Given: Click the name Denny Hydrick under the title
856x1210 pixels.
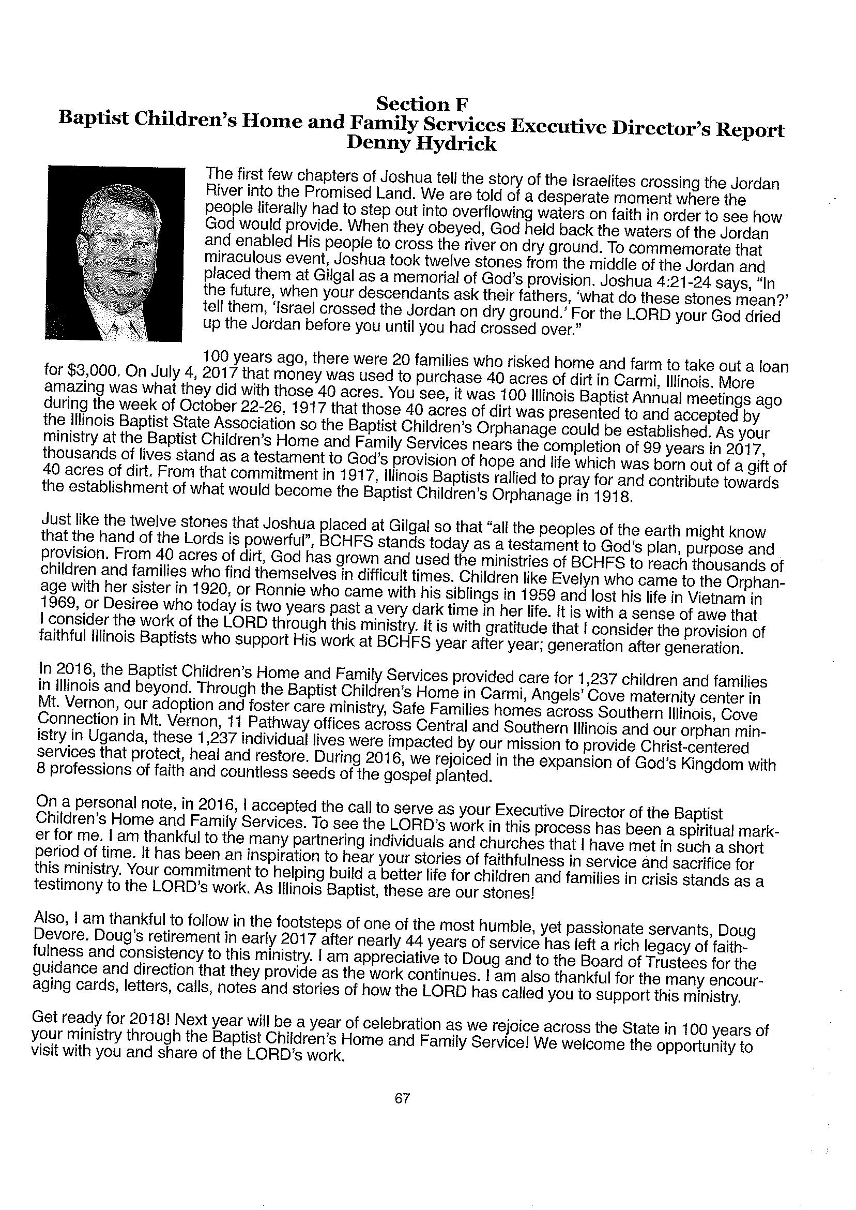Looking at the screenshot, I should (x=421, y=144).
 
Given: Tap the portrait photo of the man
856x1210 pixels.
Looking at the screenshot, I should (x=115, y=253).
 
